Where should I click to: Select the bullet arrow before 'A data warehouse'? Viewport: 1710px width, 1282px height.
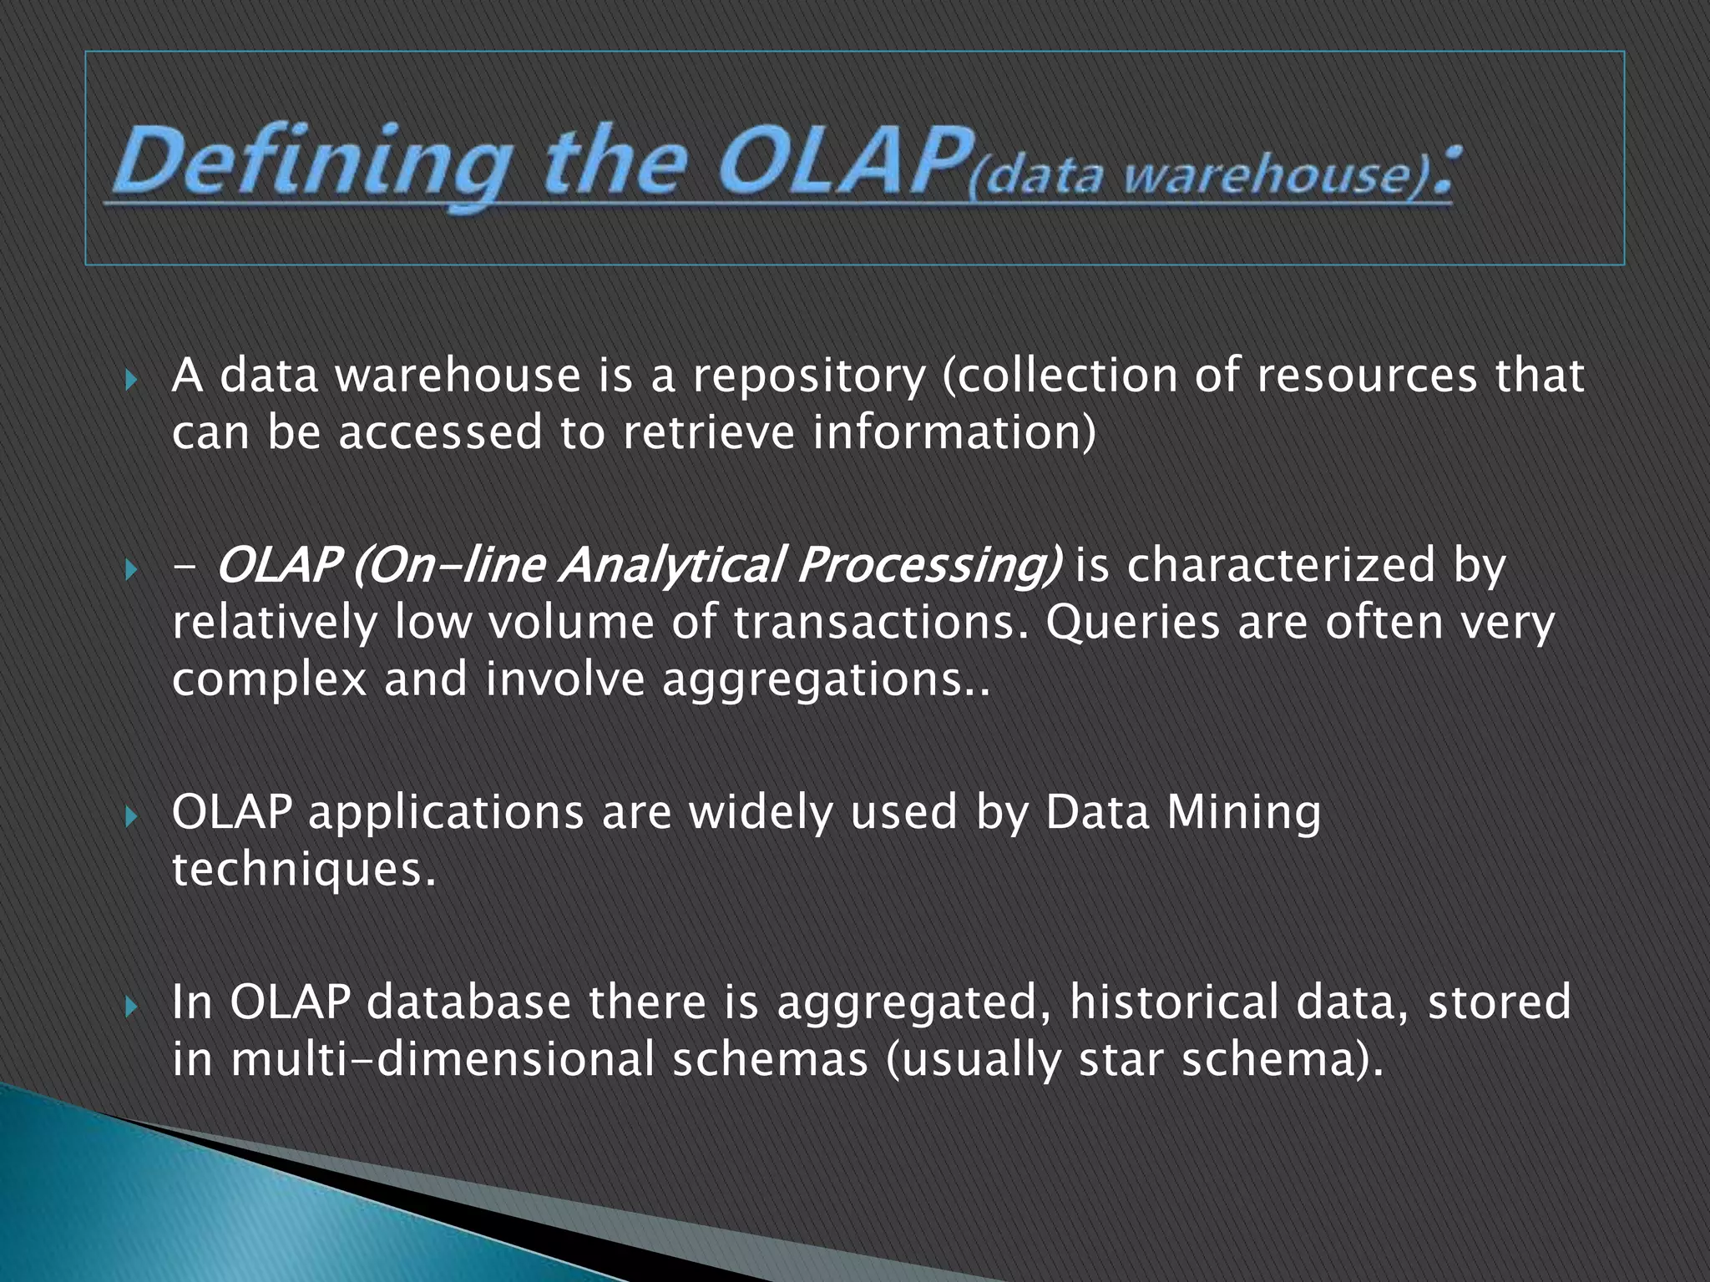click(x=130, y=381)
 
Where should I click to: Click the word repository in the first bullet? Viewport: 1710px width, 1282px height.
click(x=808, y=376)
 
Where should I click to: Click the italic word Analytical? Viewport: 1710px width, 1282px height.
click(x=670, y=565)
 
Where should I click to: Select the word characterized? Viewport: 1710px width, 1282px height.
click(x=1281, y=565)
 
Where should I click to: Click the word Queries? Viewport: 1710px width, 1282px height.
click(x=1132, y=623)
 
